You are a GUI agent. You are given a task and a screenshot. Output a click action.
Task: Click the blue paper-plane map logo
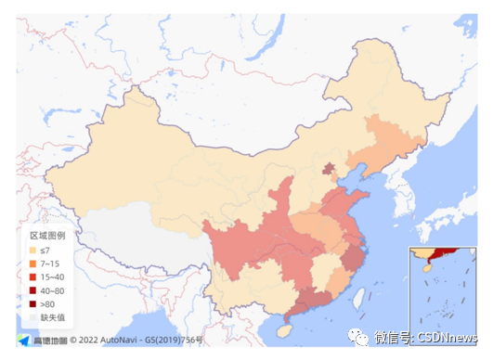pyautogui.click(x=24, y=340)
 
